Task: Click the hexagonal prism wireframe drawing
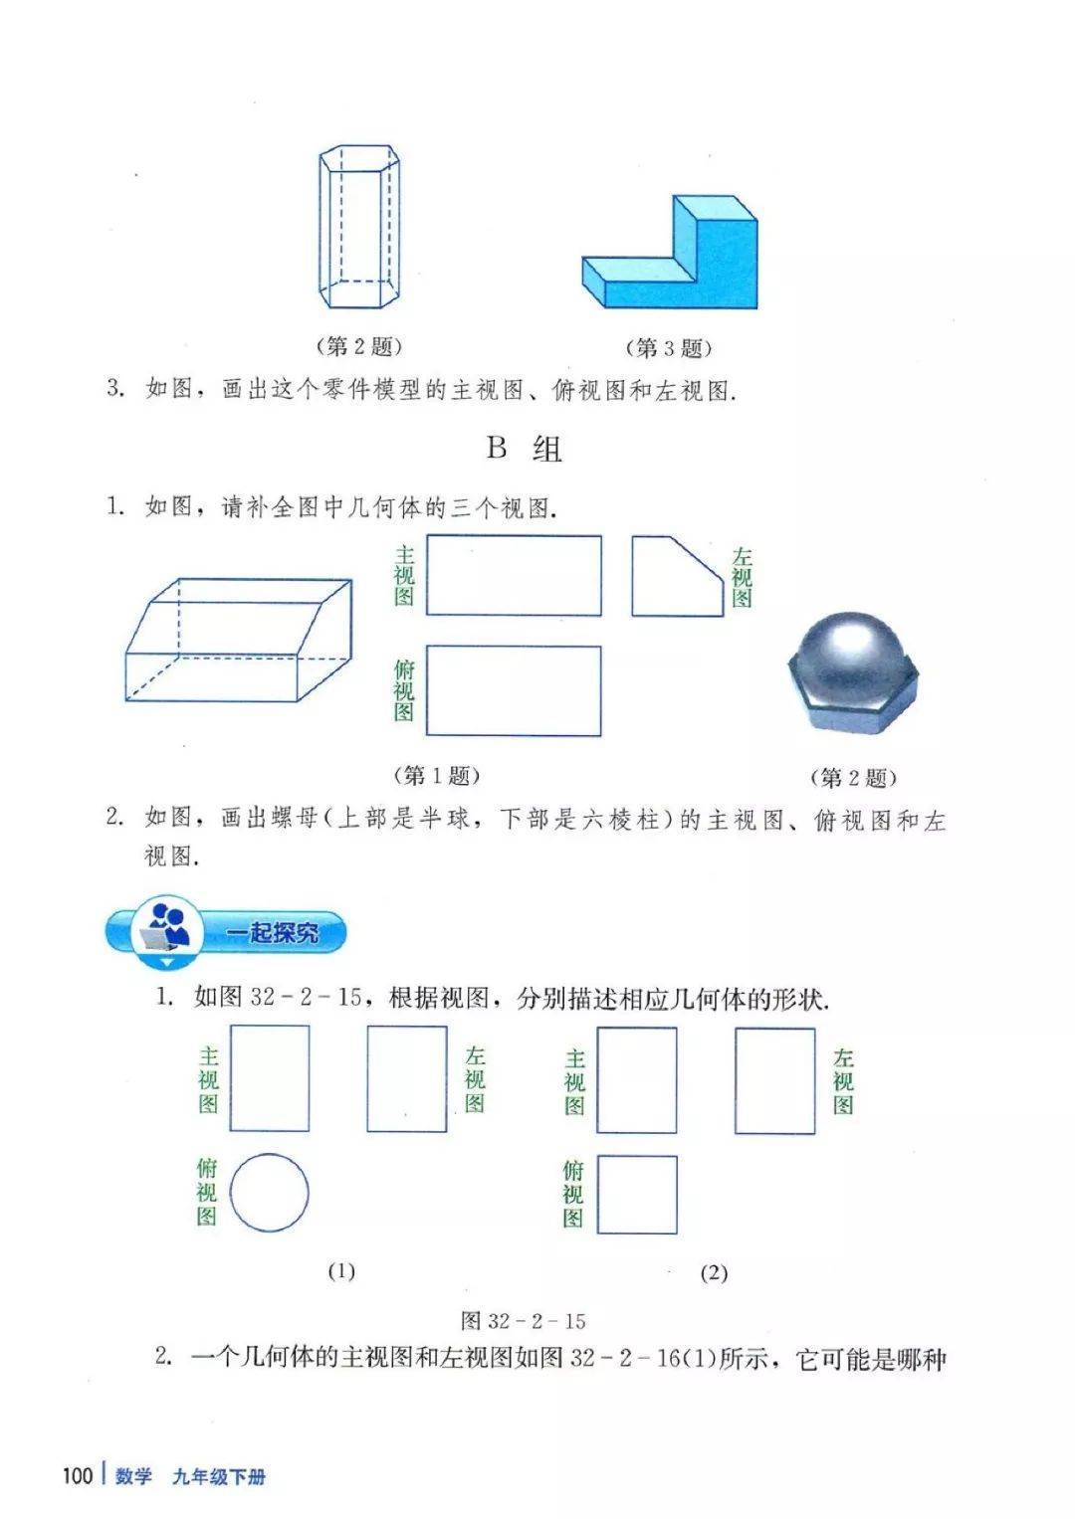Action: click(359, 227)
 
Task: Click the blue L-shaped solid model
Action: click(670, 253)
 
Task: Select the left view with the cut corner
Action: click(677, 576)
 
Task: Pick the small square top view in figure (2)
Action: click(637, 1195)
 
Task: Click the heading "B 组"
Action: click(524, 449)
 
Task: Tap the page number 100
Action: click(78, 1475)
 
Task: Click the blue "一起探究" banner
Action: click(225, 933)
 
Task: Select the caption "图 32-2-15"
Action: click(524, 1321)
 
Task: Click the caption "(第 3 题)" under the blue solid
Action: click(668, 348)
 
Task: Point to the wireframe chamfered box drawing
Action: click(238, 641)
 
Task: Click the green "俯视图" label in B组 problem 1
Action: click(404, 691)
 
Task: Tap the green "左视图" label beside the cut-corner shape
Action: click(742, 577)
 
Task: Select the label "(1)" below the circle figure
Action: click(341, 1270)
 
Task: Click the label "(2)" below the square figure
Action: click(714, 1273)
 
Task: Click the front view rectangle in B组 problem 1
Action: click(514, 576)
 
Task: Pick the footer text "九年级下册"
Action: click(219, 1476)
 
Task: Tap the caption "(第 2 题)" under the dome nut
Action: click(853, 778)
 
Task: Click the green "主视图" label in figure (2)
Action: click(575, 1082)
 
